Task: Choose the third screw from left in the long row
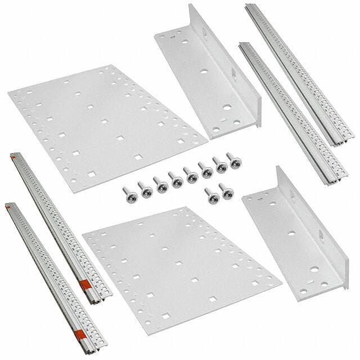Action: point(161,183)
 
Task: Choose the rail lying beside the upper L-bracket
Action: point(285,112)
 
